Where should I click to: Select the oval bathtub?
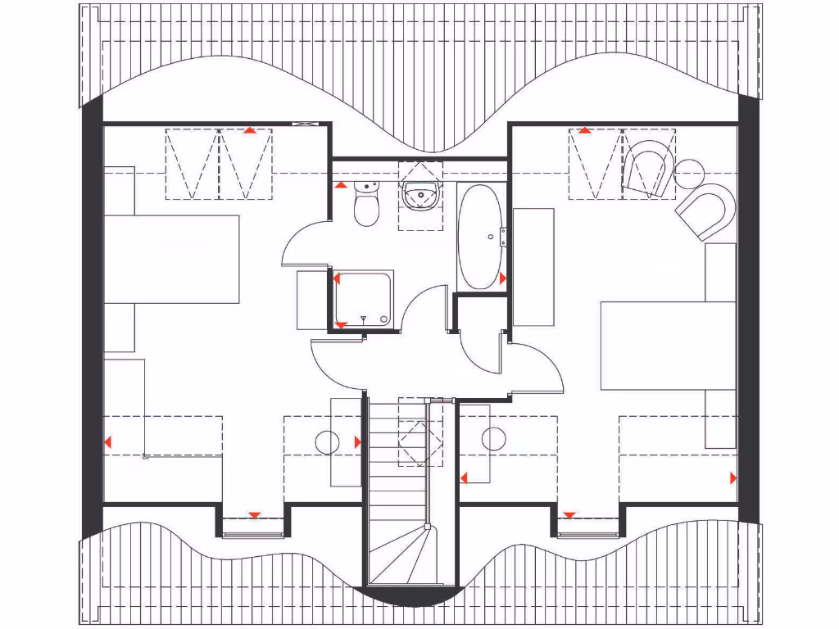coord(479,237)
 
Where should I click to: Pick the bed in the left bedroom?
coord(172,259)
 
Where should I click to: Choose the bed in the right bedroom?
coord(668,345)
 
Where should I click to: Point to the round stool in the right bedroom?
coord(494,439)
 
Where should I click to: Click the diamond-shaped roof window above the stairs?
coord(419,443)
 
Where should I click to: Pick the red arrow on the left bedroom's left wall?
coord(108,443)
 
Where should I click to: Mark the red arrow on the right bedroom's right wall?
coord(732,477)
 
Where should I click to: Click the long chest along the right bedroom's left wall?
coord(533,267)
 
